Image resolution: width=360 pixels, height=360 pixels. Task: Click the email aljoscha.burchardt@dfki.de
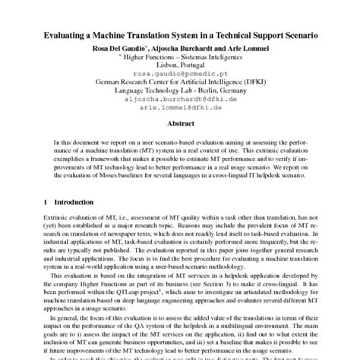click(180, 99)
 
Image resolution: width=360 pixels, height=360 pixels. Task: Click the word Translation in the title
click(163, 36)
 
